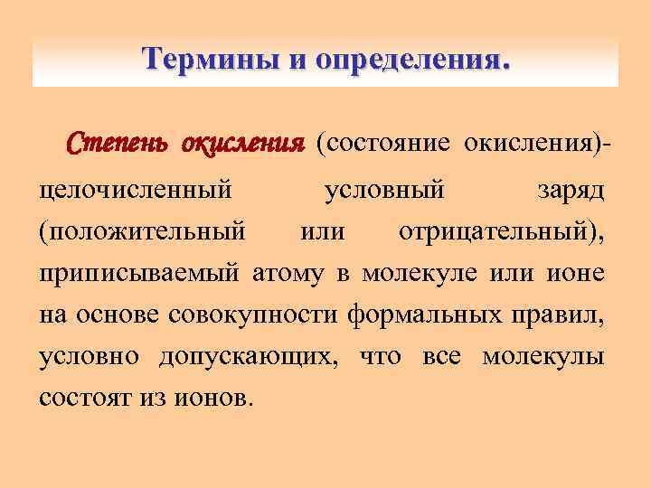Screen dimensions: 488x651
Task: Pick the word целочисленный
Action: (x=137, y=192)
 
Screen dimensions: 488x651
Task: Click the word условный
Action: (x=383, y=192)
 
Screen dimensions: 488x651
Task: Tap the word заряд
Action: (x=571, y=192)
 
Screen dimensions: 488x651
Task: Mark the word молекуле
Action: (x=420, y=273)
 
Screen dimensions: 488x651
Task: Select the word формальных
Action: (x=419, y=314)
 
